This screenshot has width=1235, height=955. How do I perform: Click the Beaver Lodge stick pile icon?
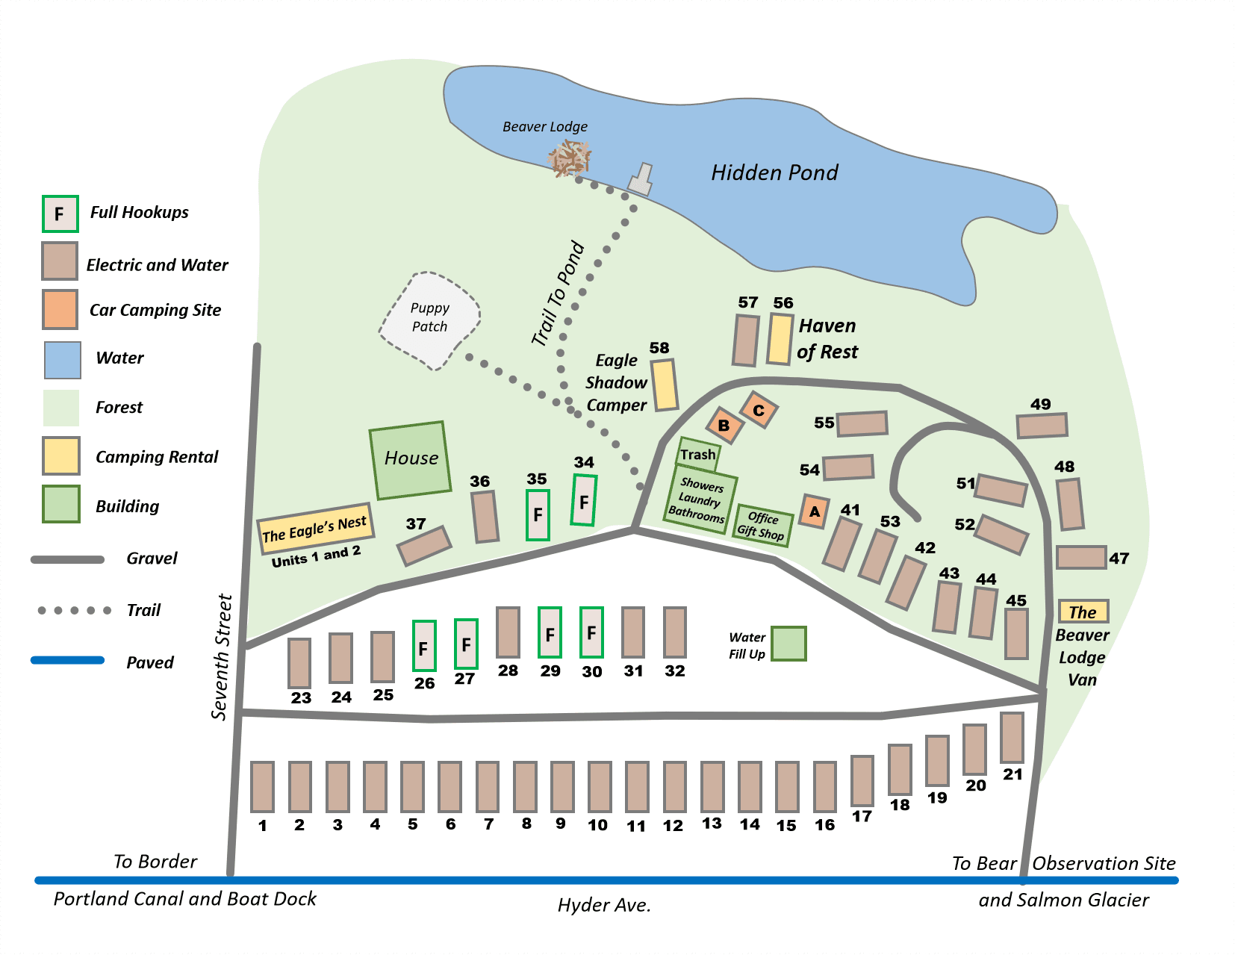[x=570, y=158]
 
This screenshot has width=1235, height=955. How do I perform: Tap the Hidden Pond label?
[x=774, y=173]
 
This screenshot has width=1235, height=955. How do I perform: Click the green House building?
[x=411, y=460]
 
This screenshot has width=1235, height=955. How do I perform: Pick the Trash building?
[x=698, y=454]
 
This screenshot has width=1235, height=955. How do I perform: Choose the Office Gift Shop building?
[x=762, y=525]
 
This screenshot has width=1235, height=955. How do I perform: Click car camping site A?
[x=814, y=512]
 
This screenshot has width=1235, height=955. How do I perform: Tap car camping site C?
[x=759, y=410]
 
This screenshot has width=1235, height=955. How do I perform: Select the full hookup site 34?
[x=584, y=500]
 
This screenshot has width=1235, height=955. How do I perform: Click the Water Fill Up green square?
[x=788, y=644]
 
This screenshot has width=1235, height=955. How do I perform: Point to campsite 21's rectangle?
[x=1012, y=738]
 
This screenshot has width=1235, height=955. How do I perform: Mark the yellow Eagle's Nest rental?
[x=315, y=529]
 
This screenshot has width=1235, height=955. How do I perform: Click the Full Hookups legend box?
[x=60, y=214]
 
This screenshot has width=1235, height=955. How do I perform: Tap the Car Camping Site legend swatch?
[x=60, y=310]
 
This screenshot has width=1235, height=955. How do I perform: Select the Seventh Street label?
[x=221, y=657]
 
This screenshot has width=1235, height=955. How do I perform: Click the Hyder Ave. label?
[x=604, y=906]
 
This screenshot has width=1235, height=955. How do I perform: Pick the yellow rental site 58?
[x=665, y=385]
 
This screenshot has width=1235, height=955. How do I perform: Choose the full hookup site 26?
[x=424, y=646]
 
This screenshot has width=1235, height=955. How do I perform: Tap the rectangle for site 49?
[x=1042, y=426]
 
